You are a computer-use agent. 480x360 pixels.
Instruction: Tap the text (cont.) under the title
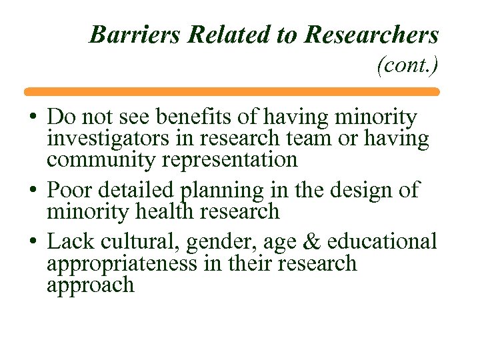407,65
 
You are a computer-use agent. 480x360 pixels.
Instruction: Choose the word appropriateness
121,264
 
